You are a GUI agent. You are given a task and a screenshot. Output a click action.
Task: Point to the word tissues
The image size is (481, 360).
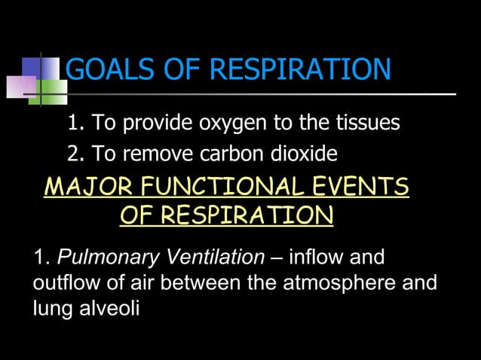click(x=365, y=123)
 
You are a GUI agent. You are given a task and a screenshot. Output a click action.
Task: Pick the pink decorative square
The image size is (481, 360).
click(x=21, y=87)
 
